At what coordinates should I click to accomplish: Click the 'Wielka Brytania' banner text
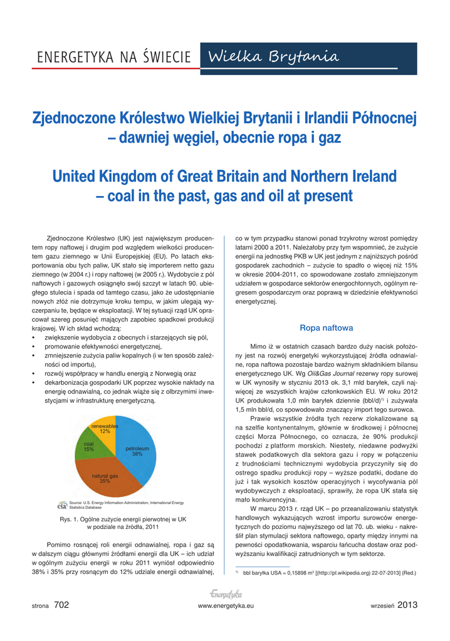click(x=275, y=57)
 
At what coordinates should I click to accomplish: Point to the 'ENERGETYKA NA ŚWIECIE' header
click(x=114, y=58)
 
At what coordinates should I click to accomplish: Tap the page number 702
click(x=61, y=605)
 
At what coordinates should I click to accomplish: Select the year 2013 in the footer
click(x=407, y=605)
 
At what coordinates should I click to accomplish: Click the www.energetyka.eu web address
click(x=226, y=606)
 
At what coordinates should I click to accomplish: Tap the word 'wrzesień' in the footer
click(x=382, y=605)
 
